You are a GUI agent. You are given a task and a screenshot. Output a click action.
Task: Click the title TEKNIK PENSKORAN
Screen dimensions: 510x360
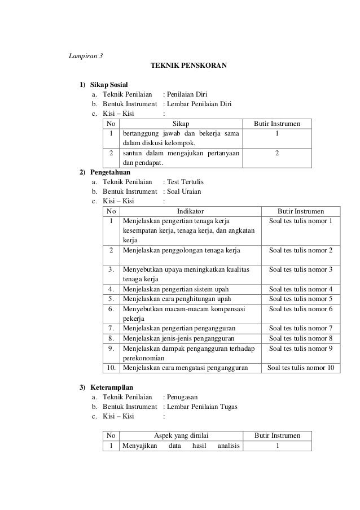point(188,66)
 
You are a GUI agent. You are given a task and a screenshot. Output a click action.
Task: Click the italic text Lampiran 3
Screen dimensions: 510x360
point(85,55)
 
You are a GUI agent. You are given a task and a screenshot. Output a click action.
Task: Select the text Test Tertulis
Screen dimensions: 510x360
point(186,182)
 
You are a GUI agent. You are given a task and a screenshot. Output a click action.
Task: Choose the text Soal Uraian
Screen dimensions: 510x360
point(184,191)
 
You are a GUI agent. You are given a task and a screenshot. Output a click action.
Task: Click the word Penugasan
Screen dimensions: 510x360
point(183,397)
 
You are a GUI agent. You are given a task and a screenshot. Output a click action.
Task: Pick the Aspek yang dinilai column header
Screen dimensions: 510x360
point(182,435)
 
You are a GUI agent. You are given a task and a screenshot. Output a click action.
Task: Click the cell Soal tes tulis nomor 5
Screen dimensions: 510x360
point(301,299)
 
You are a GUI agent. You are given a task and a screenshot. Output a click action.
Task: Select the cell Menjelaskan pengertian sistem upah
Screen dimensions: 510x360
point(178,289)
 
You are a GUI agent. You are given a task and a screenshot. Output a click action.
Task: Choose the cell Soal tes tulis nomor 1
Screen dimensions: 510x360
point(301,221)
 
